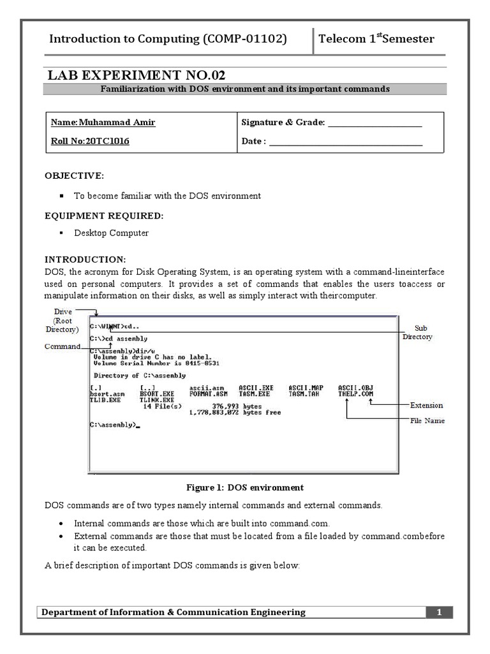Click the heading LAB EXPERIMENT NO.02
tap(133, 75)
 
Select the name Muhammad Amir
tap(103, 123)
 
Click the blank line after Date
tap(346, 142)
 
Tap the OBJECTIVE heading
tap(73, 176)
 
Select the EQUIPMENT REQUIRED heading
tap(103, 216)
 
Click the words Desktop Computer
tap(111, 233)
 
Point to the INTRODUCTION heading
tap(85, 259)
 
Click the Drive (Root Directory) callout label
tap(62, 321)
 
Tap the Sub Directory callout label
tap(419, 332)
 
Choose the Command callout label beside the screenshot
tap(62, 346)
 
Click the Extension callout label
tap(426, 405)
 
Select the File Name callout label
tap(427, 421)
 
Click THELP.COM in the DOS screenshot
tap(355, 394)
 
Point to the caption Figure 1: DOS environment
tap(245, 487)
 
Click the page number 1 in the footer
tap(439, 612)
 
